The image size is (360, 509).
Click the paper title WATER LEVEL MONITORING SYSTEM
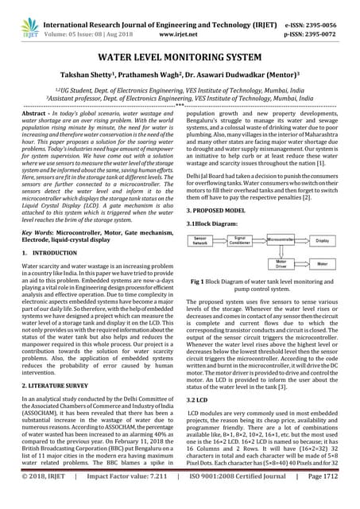[179, 59]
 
